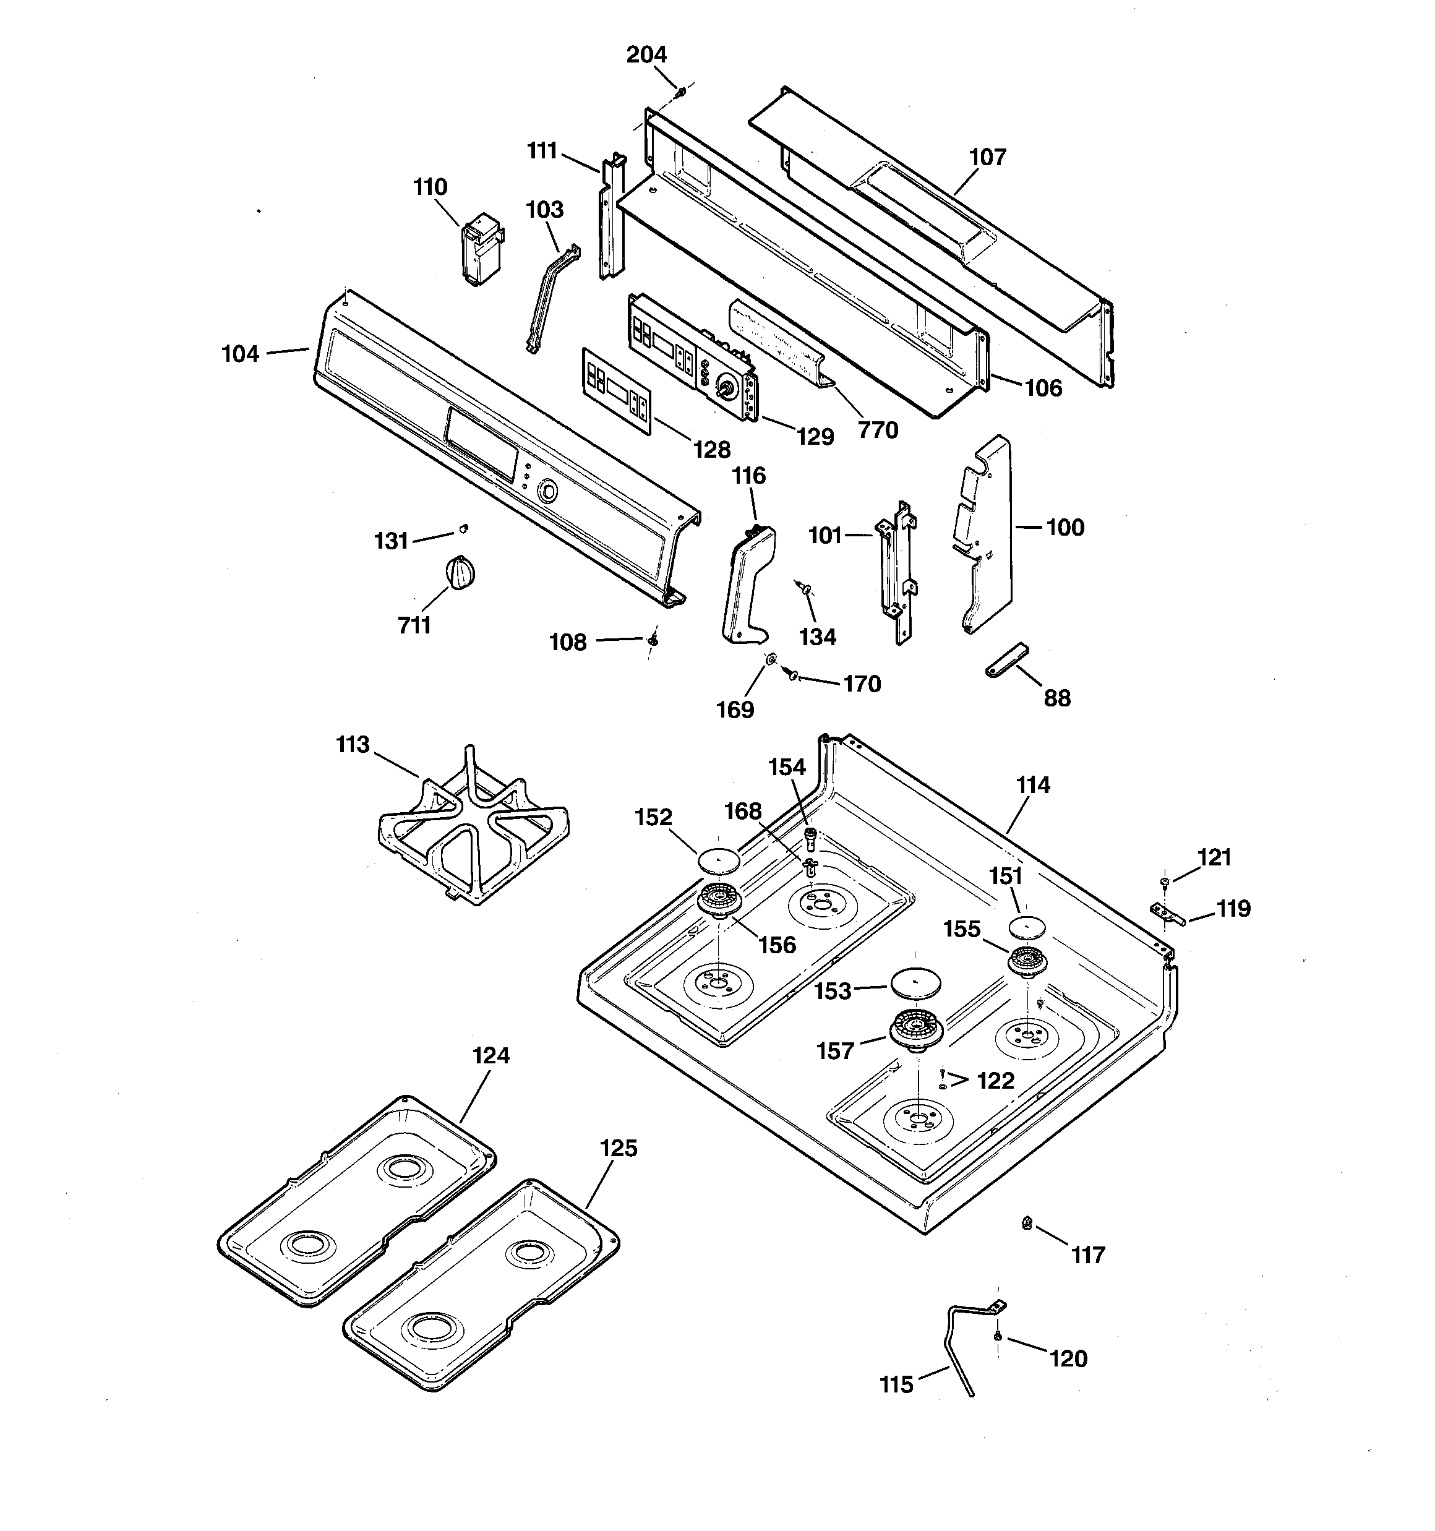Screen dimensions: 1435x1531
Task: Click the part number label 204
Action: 646,54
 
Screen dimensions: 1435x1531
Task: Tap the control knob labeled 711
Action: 460,574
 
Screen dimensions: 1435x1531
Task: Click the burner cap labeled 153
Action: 911,984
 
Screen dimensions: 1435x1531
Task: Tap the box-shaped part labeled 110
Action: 481,249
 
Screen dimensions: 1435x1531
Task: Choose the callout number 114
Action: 1032,785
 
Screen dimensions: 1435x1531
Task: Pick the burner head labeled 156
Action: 718,899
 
